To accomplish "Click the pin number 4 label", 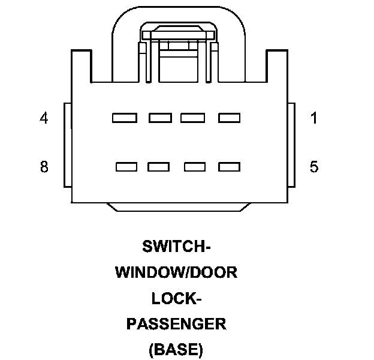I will [x=44, y=118].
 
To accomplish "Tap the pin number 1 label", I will [x=313, y=118].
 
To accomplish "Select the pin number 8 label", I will [x=44, y=167].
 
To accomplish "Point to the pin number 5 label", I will [x=313, y=167].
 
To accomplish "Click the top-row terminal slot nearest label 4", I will [x=125, y=118].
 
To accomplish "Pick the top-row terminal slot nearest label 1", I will [x=229, y=118].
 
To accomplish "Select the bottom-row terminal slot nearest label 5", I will [x=229, y=167].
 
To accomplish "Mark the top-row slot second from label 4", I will [x=160, y=118].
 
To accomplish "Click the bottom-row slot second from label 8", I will [x=159, y=167].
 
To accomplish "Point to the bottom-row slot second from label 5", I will [x=195, y=167].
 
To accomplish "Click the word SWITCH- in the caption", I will [x=176, y=247].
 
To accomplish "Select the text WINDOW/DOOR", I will [x=176, y=272].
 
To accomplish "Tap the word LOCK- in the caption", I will [x=176, y=298].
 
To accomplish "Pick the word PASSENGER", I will [x=176, y=324].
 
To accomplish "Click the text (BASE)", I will [x=176, y=349].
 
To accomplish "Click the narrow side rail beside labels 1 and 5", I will [x=292, y=144].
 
